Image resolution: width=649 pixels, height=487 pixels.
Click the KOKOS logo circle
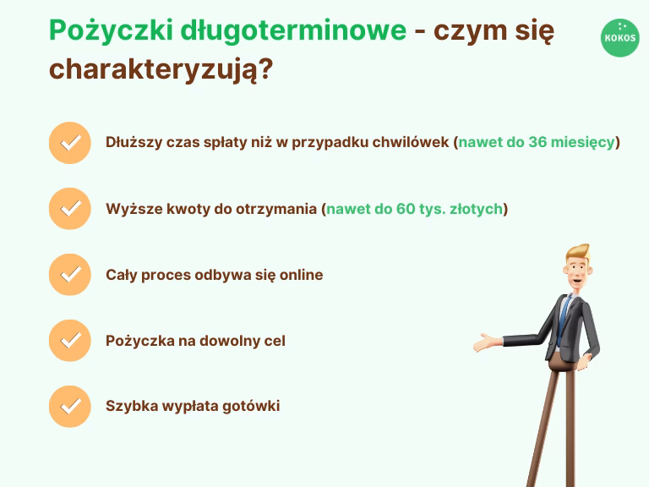[620, 37]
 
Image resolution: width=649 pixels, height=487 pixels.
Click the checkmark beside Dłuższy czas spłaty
[70, 142]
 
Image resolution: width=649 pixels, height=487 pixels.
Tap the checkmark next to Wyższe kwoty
[70, 208]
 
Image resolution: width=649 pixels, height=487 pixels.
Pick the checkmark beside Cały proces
[70, 274]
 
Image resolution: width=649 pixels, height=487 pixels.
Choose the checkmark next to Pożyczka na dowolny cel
[70, 340]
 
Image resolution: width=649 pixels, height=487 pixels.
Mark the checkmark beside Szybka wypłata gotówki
[70, 406]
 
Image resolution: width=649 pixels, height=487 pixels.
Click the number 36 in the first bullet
[537, 142]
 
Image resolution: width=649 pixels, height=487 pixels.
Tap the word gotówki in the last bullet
[251, 406]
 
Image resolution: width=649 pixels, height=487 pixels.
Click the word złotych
[476, 208]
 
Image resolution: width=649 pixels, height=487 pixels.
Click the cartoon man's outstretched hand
[485, 343]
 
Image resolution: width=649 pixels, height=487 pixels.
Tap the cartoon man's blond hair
[578, 254]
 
